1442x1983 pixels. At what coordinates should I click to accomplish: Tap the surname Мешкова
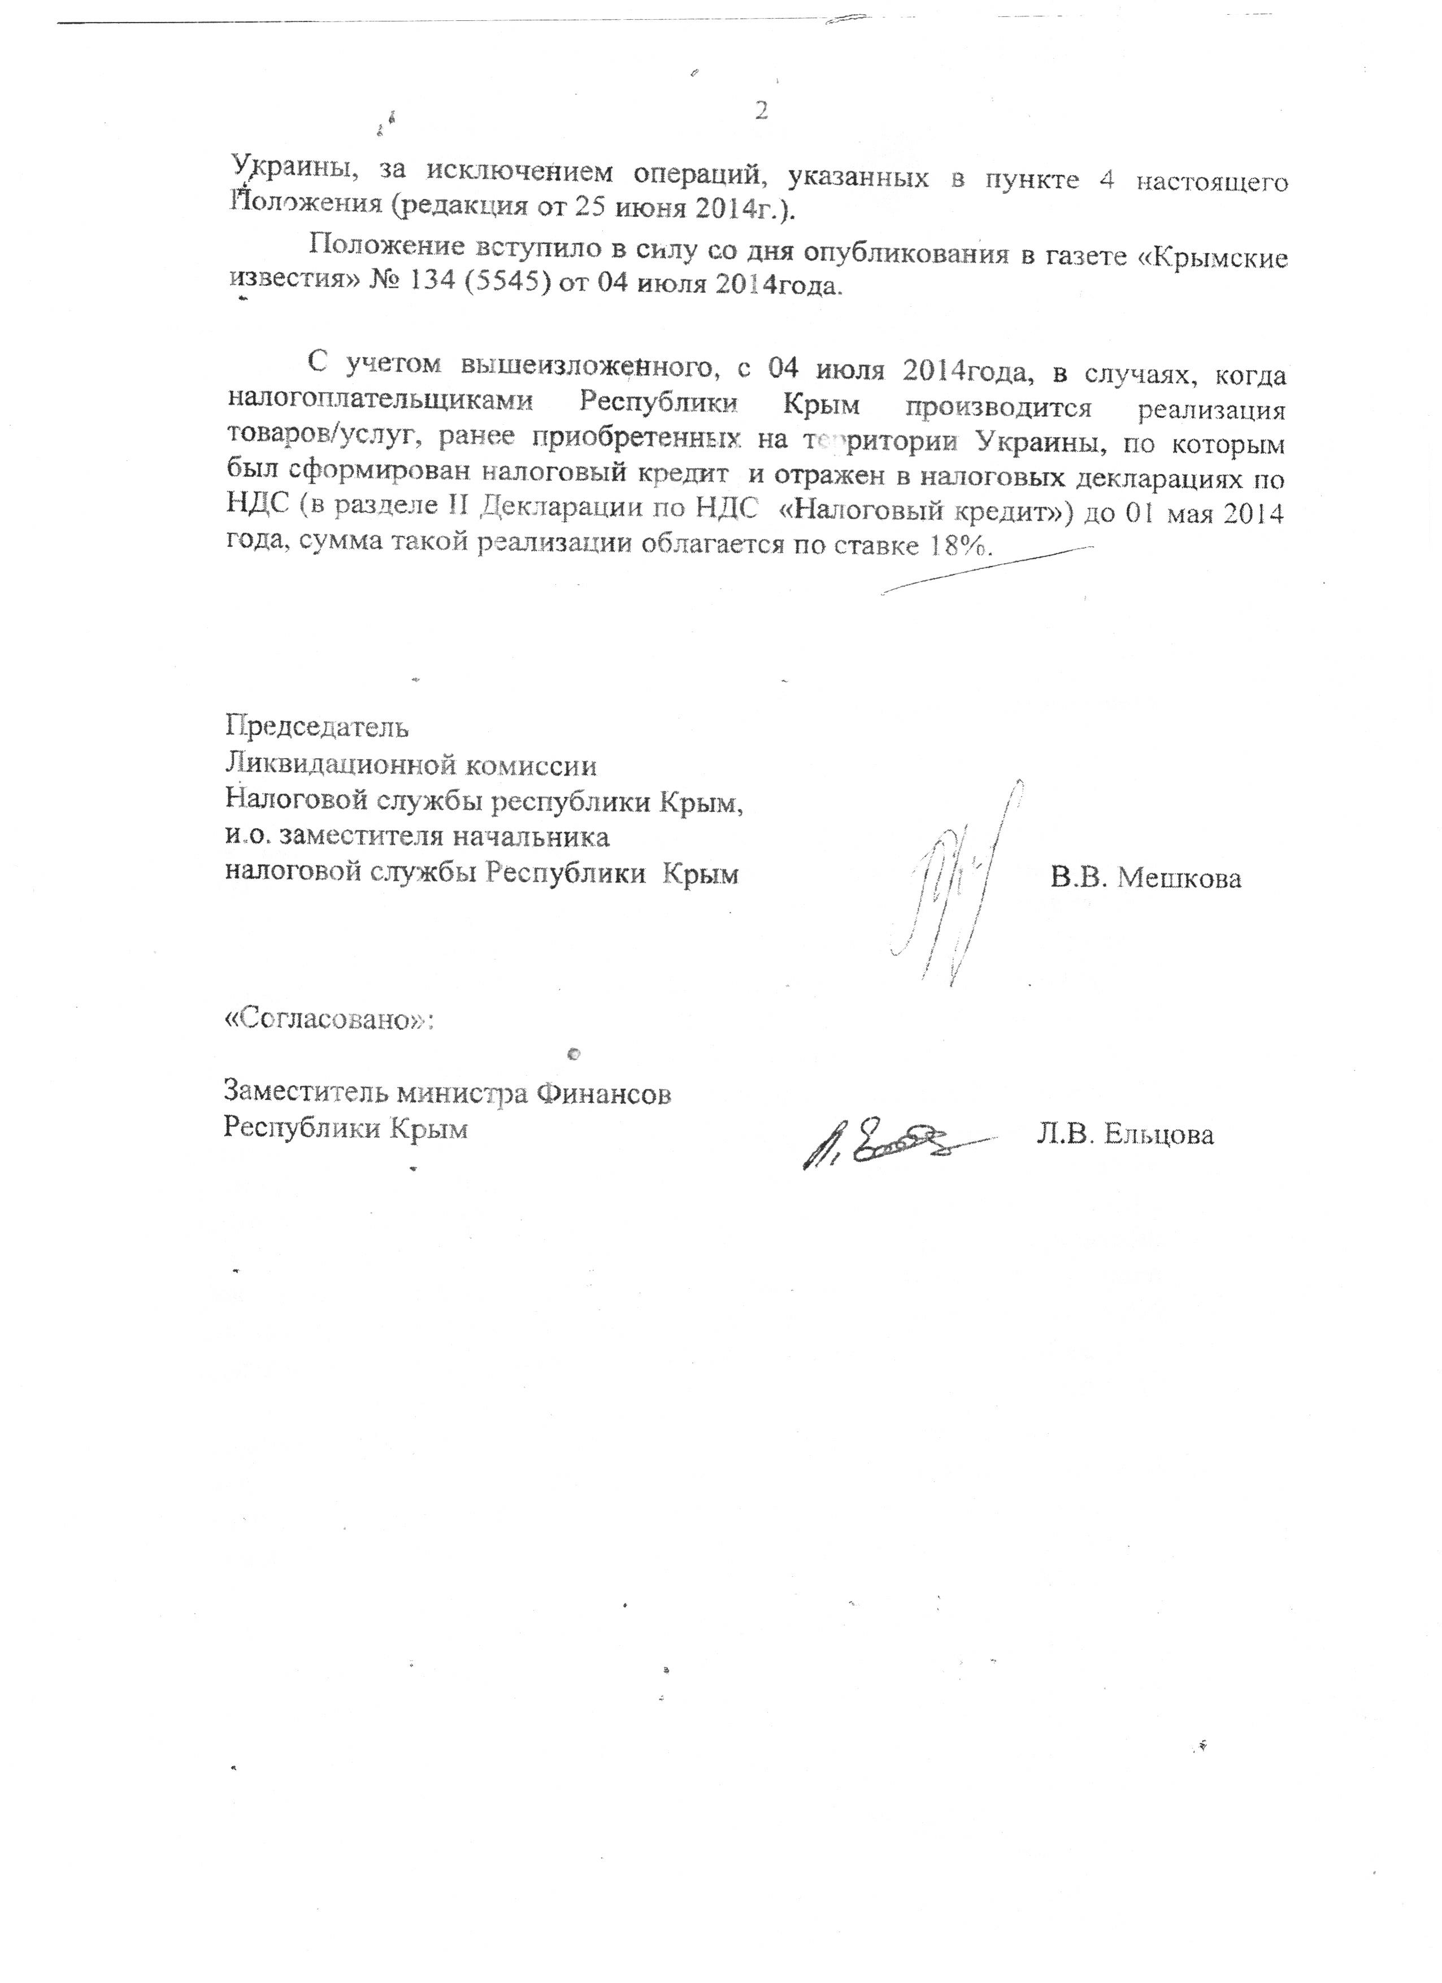1180,878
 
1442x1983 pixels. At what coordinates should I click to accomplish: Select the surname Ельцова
1159,1135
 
